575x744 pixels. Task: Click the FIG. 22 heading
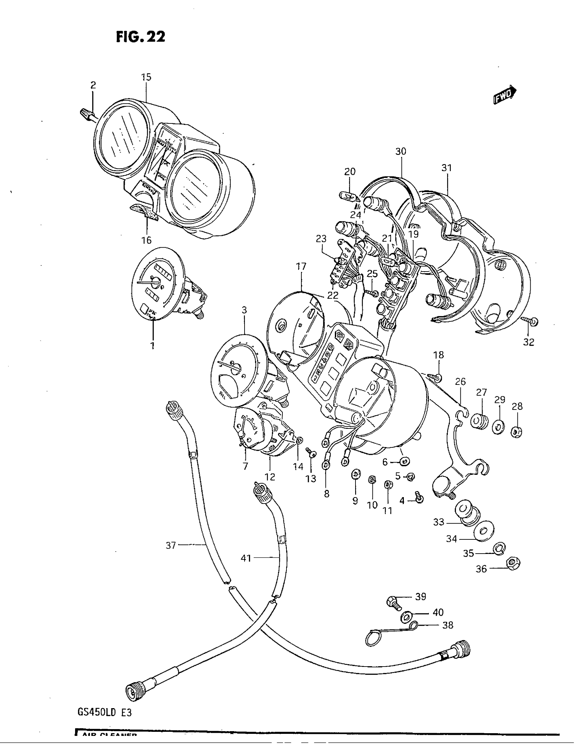pyautogui.click(x=140, y=37)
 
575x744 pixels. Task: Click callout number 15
pyautogui.click(x=146, y=77)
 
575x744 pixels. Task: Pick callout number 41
pyautogui.click(x=246, y=558)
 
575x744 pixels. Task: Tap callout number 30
pyautogui.click(x=401, y=151)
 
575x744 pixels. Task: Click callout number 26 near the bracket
pyautogui.click(x=460, y=381)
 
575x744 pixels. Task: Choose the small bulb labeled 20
pyautogui.click(x=348, y=196)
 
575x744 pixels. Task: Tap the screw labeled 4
pyautogui.click(x=419, y=497)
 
